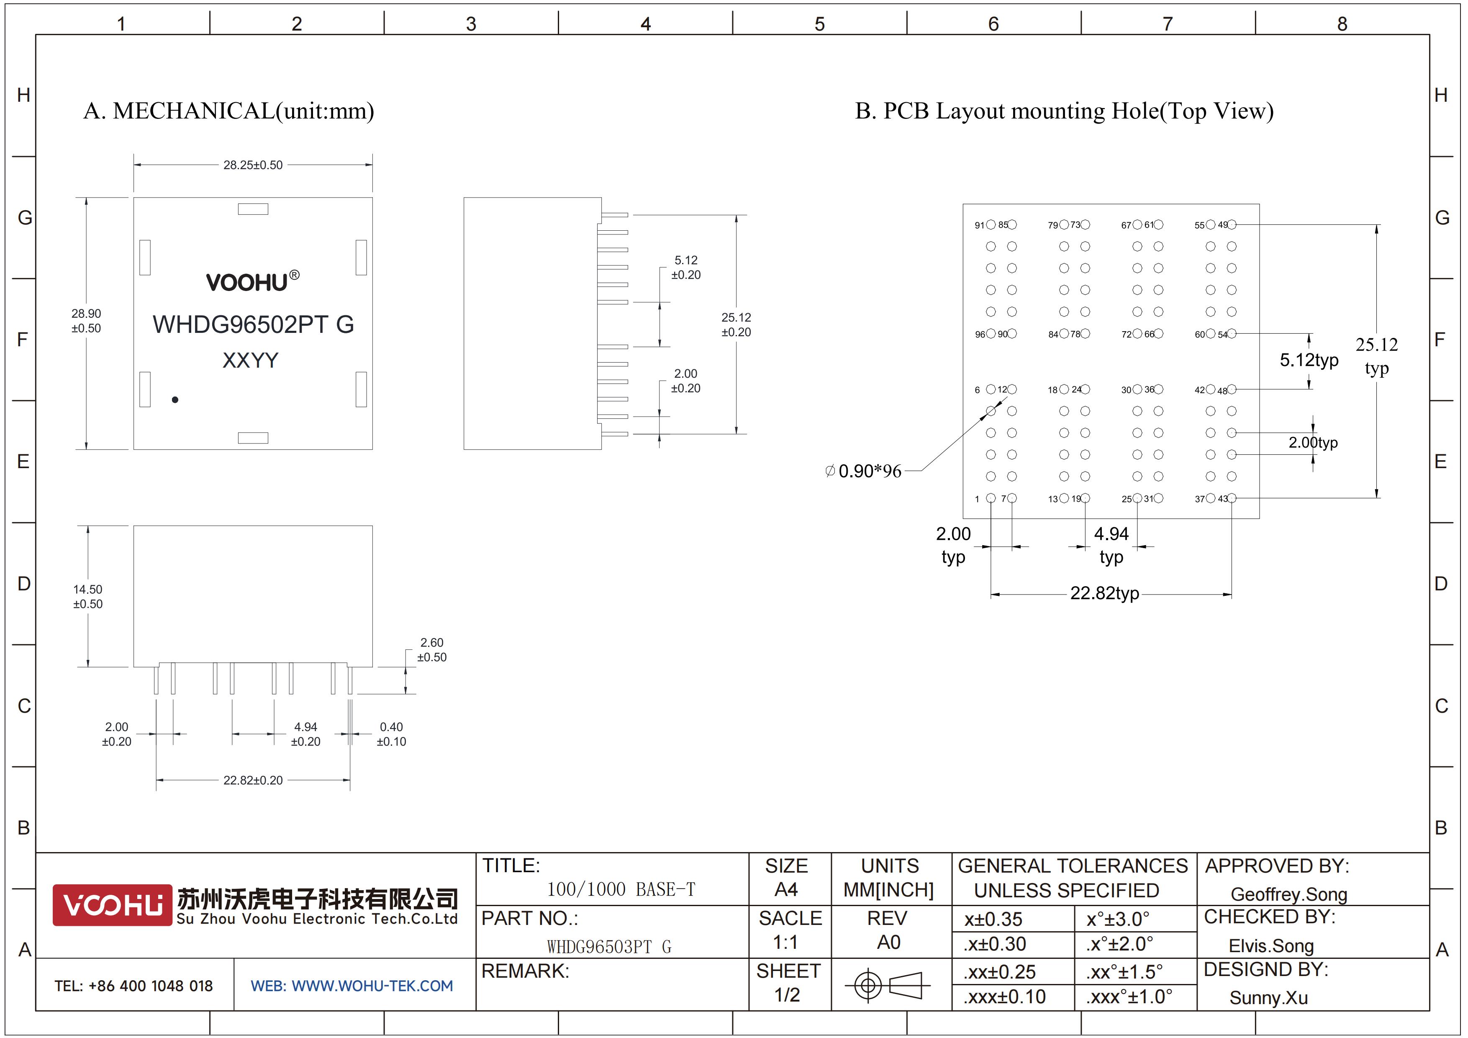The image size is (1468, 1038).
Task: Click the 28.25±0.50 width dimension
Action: click(253, 165)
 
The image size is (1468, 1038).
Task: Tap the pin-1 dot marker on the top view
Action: click(175, 400)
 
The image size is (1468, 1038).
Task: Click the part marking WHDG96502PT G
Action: click(253, 324)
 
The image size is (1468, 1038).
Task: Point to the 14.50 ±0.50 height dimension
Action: click(87, 596)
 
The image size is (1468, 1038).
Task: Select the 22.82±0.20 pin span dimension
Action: click(253, 780)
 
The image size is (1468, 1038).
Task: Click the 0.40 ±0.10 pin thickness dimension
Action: click(391, 734)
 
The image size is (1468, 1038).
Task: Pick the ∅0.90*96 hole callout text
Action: click(863, 471)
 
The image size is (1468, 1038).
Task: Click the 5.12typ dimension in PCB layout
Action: click(1309, 360)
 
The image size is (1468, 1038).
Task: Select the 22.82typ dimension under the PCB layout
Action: click(1105, 593)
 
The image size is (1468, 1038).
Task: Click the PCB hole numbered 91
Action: click(991, 224)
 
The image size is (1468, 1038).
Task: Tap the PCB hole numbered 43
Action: click(1232, 498)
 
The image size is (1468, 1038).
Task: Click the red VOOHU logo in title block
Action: click(113, 905)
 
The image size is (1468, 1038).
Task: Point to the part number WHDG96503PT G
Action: click(609, 947)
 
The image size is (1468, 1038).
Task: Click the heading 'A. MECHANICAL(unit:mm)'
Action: click(229, 111)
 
